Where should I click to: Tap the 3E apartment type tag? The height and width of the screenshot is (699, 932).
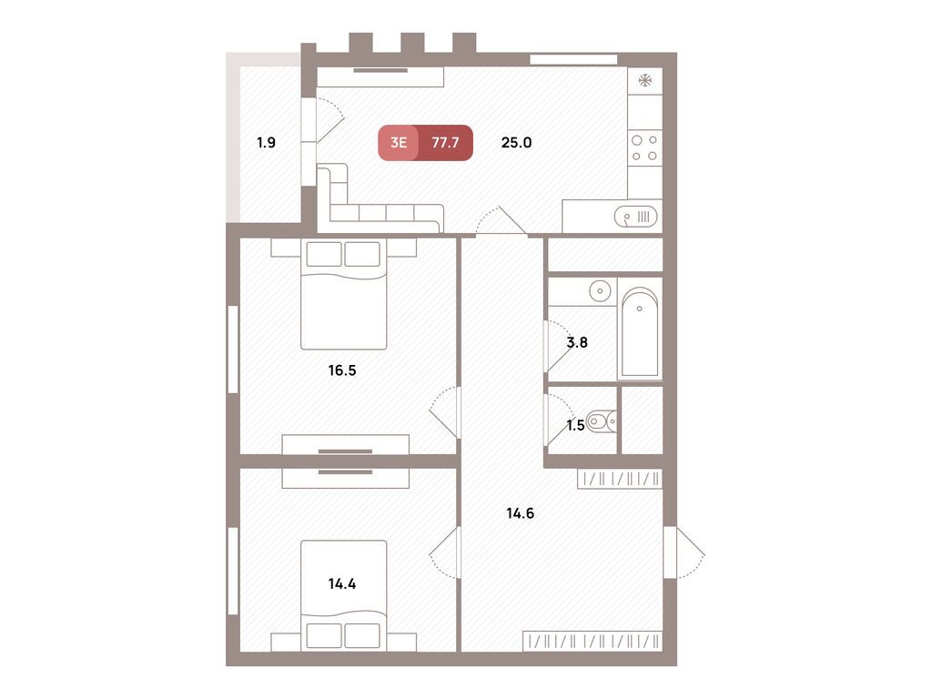click(399, 143)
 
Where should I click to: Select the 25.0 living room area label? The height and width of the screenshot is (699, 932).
click(516, 143)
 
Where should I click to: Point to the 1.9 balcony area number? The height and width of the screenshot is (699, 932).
click(267, 143)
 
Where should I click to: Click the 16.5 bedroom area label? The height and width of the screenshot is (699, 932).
click(342, 370)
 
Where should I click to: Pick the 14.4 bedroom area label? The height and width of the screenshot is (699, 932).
click(342, 583)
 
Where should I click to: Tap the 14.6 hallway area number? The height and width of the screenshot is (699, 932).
click(520, 513)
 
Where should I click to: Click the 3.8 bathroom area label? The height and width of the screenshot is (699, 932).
click(576, 342)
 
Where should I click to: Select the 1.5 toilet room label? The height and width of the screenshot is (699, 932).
click(575, 425)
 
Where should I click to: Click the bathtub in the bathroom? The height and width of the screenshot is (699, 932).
click(640, 331)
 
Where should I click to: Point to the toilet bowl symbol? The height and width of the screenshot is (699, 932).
click(601, 422)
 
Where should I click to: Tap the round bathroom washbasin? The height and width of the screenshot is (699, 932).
click(600, 291)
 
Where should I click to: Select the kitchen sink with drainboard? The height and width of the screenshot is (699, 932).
click(636, 217)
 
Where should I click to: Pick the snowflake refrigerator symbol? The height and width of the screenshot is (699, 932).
click(645, 80)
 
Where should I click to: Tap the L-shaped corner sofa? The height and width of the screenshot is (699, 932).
click(380, 198)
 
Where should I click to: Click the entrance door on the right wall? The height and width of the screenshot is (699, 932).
click(684, 552)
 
